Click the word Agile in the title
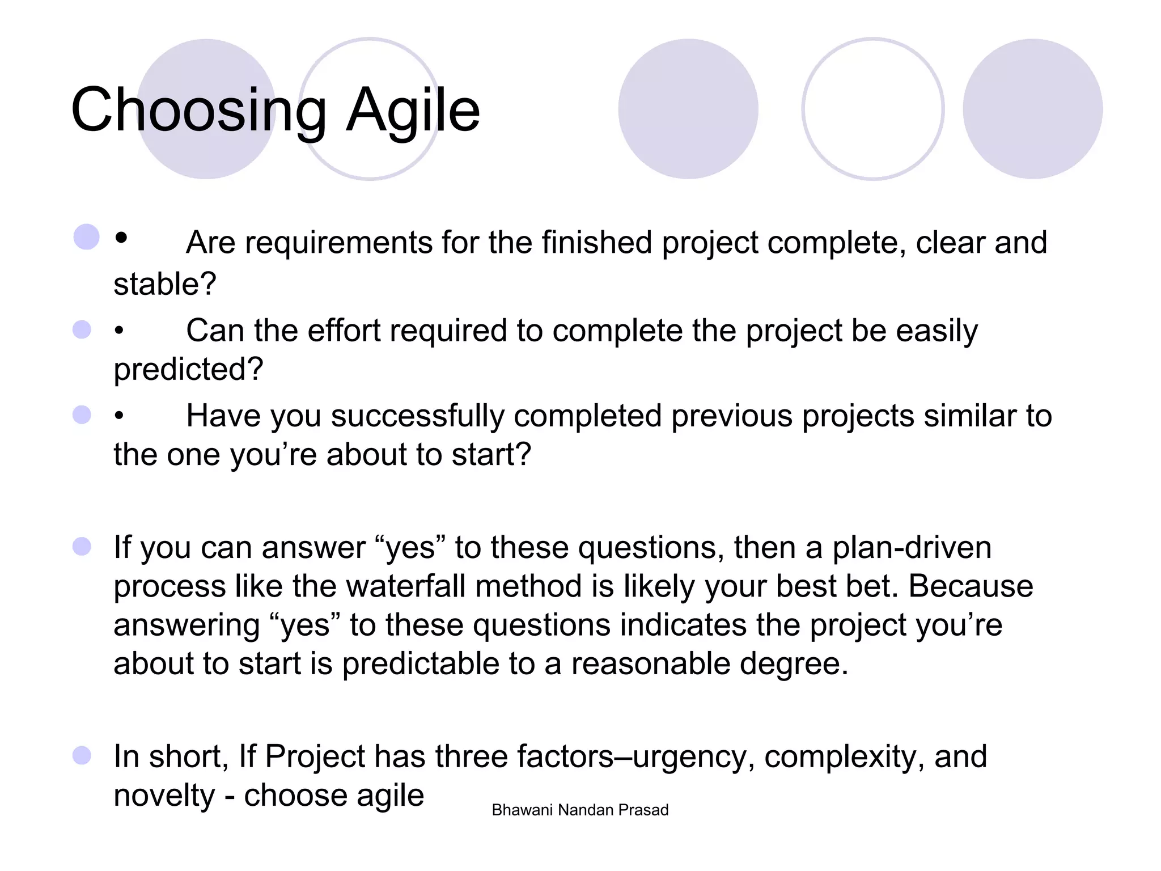413,111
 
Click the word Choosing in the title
199,111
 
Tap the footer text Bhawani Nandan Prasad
580,810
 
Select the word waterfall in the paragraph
407,586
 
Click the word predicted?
188,369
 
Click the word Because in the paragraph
971,586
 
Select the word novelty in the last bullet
164,795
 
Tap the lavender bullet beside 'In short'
82,755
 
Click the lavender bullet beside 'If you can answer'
82,547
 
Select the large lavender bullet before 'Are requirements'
86,237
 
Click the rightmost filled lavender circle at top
1032,109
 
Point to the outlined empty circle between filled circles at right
872,109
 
